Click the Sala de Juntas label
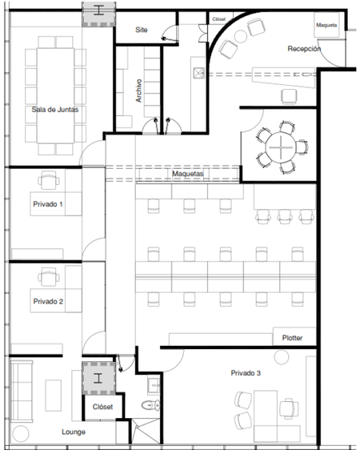pyautogui.click(x=54, y=110)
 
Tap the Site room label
pyautogui.click(x=142, y=30)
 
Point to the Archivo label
pyautogui.click(x=138, y=90)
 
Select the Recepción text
pyautogui.click(x=304, y=49)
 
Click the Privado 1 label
pyautogui.click(x=48, y=204)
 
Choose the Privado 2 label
pyautogui.click(x=48, y=301)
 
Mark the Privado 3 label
pyautogui.click(x=246, y=373)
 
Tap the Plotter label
pyautogui.click(x=292, y=338)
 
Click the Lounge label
pyautogui.click(x=74, y=432)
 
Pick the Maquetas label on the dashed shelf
pyautogui.click(x=188, y=174)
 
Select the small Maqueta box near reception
pyautogui.click(x=326, y=25)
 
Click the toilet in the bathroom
pyautogui.click(x=150, y=405)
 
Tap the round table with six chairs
pyautogui.click(x=281, y=147)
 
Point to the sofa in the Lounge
pyautogui.click(x=22, y=392)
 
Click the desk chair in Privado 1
pyautogui.click(x=49, y=180)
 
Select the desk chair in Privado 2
pyautogui.click(x=49, y=277)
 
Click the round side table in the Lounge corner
pyautogui.click(x=21, y=434)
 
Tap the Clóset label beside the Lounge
pyautogui.click(x=102, y=407)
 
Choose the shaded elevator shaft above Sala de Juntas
pyautogui.click(x=98, y=14)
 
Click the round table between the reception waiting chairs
pyautogui.click(x=240, y=37)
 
